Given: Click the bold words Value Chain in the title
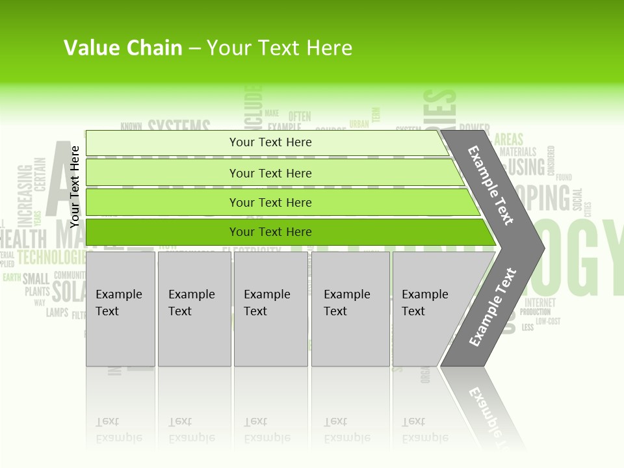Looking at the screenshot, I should [123, 48].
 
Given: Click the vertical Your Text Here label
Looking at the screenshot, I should [75, 187].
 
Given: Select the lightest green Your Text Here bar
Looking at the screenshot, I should [270, 142].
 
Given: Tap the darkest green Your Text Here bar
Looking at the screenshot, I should [270, 232].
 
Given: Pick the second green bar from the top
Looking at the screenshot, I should [270, 173].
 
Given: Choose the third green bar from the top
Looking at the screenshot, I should [270, 203].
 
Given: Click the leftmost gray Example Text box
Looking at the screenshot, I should [120, 309].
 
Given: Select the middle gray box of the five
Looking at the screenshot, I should [270, 309].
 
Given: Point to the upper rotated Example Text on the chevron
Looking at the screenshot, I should [491, 185].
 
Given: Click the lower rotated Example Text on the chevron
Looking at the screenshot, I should [492, 307].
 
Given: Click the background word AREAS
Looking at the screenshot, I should [508, 140].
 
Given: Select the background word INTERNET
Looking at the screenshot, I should [539, 303].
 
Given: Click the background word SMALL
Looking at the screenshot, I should [36, 279].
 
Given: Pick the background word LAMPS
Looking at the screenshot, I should [57, 313].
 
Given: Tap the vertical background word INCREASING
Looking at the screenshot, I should [25, 194].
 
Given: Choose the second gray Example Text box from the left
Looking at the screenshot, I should [194, 309].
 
